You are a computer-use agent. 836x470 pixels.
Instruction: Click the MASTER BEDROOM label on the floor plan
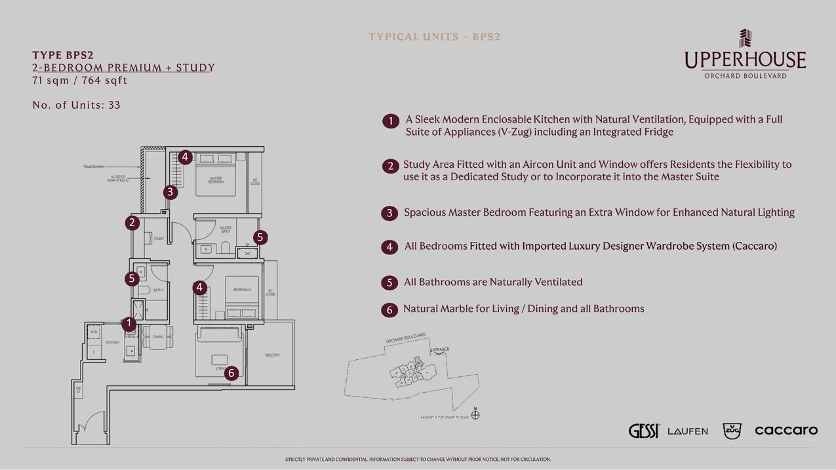(x=216, y=180)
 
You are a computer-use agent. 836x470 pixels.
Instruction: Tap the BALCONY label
(x=273, y=355)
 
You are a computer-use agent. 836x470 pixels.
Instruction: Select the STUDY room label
(x=159, y=239)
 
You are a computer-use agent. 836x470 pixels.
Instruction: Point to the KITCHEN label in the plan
(x=113, y=343)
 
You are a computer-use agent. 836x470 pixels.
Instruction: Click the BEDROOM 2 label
(x=242, y=289)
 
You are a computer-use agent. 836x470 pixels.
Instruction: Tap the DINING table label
(x=158, y=337)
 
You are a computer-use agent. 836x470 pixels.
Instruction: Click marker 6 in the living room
(x=231, y=374)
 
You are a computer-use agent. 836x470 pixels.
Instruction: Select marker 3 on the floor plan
(x=170, y=192)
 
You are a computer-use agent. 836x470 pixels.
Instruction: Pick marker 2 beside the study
(x=132, y=223)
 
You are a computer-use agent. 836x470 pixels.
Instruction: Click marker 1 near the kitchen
(x=129, y=323)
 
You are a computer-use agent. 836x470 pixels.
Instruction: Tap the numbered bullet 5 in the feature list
(x=389, y=283)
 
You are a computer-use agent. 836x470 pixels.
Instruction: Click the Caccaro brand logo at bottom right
(x=786, y=430)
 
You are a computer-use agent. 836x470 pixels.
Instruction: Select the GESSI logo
(x=644, y=431)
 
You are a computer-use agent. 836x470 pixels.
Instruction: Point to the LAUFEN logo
(x=687, y=431)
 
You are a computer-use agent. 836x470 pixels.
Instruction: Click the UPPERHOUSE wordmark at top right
(x=745, y=60)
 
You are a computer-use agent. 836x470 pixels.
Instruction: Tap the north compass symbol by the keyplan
(x=475, y=414)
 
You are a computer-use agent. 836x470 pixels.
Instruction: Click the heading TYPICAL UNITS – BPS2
(x=434, y=37)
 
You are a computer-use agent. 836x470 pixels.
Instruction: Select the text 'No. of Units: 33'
(x=76, y=105)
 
